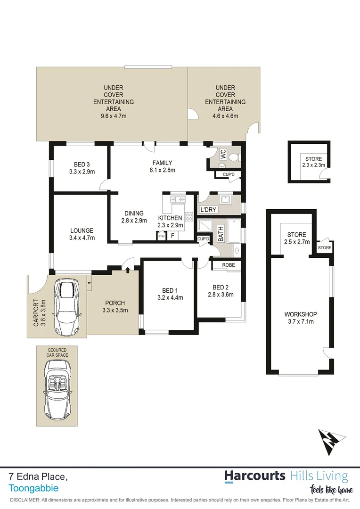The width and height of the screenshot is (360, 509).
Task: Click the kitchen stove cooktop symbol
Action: click(188, 217)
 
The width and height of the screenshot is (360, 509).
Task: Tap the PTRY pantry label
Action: click(161, 236)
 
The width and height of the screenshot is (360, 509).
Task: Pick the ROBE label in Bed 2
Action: click(228, 265)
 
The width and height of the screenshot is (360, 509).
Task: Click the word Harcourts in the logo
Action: click(254, 476)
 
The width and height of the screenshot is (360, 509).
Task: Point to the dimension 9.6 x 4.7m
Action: click(114, 115)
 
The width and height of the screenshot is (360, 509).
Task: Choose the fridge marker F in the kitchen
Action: click(172, 236)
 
